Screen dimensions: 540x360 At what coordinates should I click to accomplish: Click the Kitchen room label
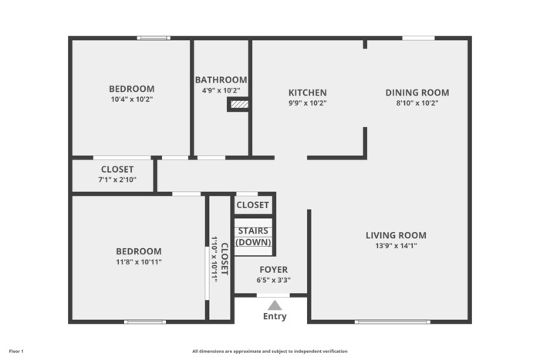click(x=308, y=93)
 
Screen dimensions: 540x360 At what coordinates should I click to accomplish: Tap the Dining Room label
click(x=417, y=93)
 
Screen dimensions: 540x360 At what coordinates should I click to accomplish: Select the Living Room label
click(x=396, y=235)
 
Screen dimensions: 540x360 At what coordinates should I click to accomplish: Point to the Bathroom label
click(x=221, y=80)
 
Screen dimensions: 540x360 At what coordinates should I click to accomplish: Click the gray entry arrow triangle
click(x=275, y=305)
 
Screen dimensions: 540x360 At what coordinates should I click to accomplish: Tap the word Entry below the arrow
click(x=275, y=316)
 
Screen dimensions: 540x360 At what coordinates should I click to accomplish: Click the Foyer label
click(x=273, y=270)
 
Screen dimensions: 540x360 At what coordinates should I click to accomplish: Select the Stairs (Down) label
click(x=253, y=237)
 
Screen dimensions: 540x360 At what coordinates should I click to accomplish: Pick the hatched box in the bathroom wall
click(x=239, y=104)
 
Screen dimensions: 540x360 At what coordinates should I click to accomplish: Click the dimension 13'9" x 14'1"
click(x=396, y=246)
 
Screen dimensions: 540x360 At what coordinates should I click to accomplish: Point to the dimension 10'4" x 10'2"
click(x=132, y=99)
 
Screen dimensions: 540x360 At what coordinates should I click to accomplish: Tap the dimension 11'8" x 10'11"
click(x=139, y=262)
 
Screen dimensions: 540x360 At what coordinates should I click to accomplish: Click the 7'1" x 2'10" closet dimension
click(x=117, y=180)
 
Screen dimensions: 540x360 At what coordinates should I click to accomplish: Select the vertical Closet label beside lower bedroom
click(x=224, y=259)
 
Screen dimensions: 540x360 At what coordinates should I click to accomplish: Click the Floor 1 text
click(x=16, y=352)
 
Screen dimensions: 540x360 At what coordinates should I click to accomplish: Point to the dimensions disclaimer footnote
click(x=270, y=352)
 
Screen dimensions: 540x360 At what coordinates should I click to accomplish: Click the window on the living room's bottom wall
click(x=392, y=321)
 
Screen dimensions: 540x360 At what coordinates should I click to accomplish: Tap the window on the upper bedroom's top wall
click(x=154, y=38)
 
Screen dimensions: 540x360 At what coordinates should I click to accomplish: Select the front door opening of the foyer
click(x=273, y=295)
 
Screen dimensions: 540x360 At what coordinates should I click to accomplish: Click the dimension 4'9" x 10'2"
click(x=221, y=90)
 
